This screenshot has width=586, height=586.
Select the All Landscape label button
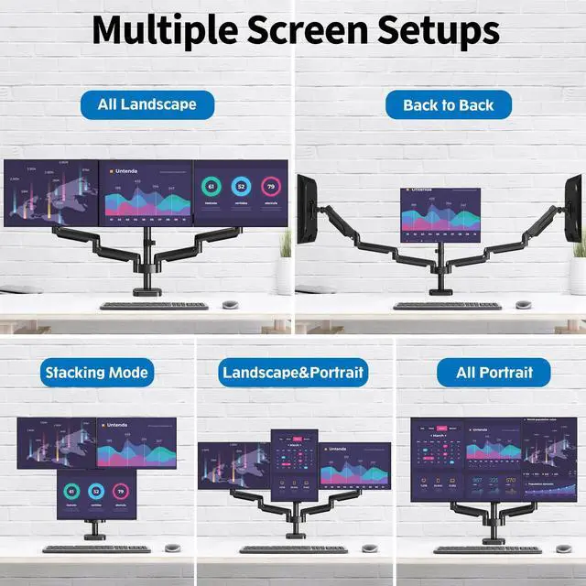(x=146, y=104)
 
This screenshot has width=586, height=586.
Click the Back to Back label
(x=448, y=104)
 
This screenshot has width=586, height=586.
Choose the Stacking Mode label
(x=96, y=373)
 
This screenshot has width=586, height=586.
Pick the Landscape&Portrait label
(x=293, y=373)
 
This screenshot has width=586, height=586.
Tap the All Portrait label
(x=491, y=373)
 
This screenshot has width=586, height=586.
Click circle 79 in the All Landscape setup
(x=269, y=187)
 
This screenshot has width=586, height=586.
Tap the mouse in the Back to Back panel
(x=523, y=304)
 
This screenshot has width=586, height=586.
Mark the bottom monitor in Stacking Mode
(x=96, y=494)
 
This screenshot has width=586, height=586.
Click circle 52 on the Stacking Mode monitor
(x=96, y=491)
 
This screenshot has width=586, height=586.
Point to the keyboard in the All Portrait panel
(x=487, y=549)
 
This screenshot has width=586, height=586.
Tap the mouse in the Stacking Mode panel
(x=170, y=548)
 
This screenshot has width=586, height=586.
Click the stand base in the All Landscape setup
(x=146, y=292)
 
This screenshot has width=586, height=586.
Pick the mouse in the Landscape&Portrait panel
(x=368, y=548)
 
